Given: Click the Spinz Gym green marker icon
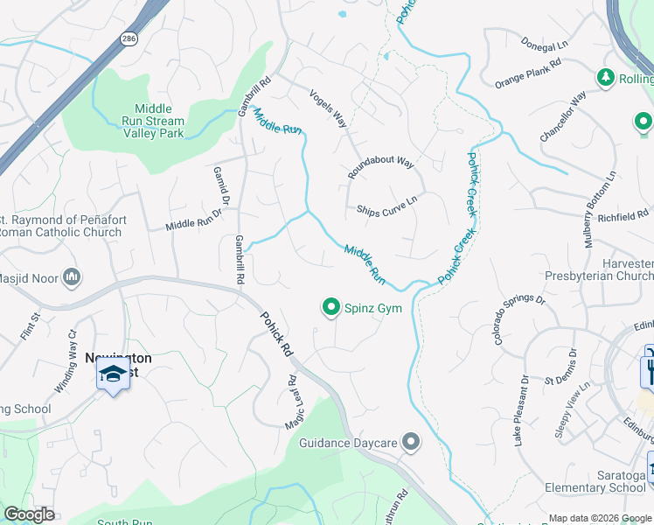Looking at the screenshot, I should pos(331,307).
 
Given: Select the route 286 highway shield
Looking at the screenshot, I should pos(129,38).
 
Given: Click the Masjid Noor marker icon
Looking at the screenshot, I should pos(72,277).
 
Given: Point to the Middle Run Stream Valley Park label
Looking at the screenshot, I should pos(154,122).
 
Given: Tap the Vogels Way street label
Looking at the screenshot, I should pos(330,108).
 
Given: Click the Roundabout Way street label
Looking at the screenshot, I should pos(380,166).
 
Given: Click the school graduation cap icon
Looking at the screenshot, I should pos(113,374).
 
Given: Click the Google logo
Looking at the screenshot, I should pos(30,514).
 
